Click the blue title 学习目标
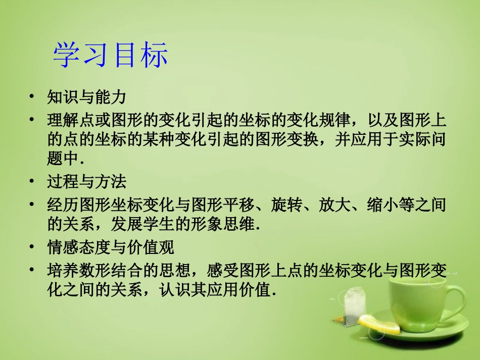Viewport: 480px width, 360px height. (110, 56)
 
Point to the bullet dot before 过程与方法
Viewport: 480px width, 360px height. (32, 181)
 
